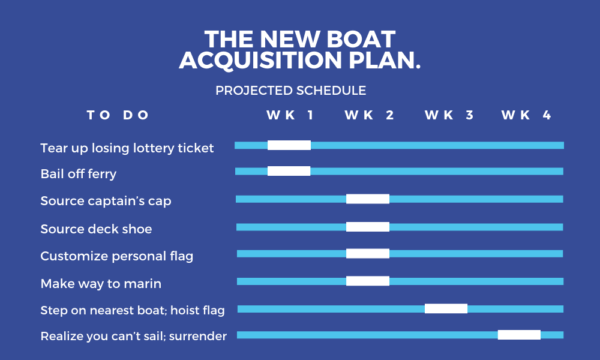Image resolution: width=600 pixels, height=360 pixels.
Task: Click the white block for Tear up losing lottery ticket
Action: pyautogui.click(x=289, y=145)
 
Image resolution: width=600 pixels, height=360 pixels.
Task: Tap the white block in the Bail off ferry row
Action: pyautogui.click(x=289, y=171)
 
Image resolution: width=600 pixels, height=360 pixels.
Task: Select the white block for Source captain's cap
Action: pyautogui.click(x=368, y=199)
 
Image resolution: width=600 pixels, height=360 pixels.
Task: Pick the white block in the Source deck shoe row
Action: pyautogui.click(x=368, y=227)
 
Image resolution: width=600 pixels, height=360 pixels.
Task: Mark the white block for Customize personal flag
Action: pyautogui.click(x=368, y=253)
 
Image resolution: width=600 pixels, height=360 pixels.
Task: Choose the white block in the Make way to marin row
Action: pyautogui.click(x=368, y=281)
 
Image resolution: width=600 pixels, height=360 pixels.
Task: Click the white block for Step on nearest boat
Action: pyautogui.click(x=446, y=308)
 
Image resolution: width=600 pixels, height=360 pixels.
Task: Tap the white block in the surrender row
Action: pyautogui.click(x=519, y=335)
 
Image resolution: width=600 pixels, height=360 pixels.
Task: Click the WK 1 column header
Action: pyautogui.click(x=290, y=115)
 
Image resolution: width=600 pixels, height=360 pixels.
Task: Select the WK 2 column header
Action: pyautogui.click(x=369, y=115)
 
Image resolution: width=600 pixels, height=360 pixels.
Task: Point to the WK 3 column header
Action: pyautogui.click(x=449, y=115)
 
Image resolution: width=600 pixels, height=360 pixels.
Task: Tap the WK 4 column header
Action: pyautogui.click(x=526, y=115)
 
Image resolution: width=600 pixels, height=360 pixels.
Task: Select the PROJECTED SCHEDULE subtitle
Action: pyautogui.click(x=291, y=91)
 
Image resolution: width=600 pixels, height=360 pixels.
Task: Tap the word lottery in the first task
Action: pyautogui.click(x=152, y=148)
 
